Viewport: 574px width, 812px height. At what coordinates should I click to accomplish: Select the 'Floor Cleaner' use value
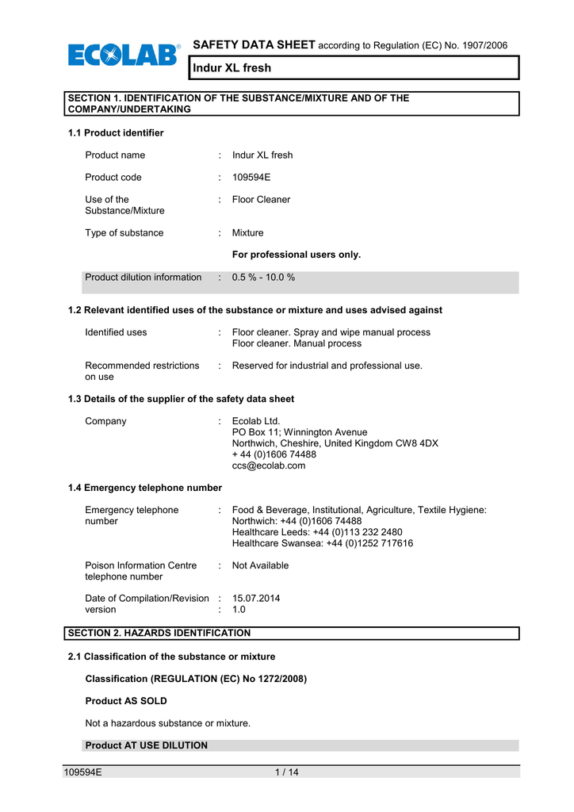click(x=261, y=200)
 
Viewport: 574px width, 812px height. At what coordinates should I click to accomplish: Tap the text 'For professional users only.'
click(x=296, y=255)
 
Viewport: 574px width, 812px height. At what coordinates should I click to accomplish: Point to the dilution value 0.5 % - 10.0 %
click(x=263, y=278)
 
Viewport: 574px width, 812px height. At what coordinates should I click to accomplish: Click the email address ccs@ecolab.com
click(x=268, y=466)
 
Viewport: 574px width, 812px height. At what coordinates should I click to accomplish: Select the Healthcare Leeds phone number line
click(x=317, y=532)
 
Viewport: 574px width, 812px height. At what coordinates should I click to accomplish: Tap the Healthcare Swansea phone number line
click(x=322, y=543)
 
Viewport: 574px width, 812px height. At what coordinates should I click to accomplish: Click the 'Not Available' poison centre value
click(x=260, y=565)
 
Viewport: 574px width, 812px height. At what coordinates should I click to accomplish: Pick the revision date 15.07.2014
click(x=255, y=599)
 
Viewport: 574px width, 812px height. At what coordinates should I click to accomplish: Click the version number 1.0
click(x=239, y=610)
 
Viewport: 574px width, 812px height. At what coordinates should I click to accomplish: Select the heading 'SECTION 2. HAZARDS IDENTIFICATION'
click(x=159, y=633)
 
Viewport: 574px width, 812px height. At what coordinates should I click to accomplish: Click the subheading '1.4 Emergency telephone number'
click(x=145, y=488)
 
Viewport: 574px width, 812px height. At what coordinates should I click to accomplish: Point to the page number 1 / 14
click(x=285, y=773)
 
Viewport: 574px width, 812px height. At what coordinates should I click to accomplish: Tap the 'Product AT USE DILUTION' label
click(x=146, y=745)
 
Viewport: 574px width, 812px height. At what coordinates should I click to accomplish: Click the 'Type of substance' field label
click(x=124, y=233)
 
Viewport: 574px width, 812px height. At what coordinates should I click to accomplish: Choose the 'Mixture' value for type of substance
click(x=247, y=233)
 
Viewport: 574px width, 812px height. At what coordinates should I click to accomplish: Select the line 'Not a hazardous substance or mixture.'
click(x=167, y=723)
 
